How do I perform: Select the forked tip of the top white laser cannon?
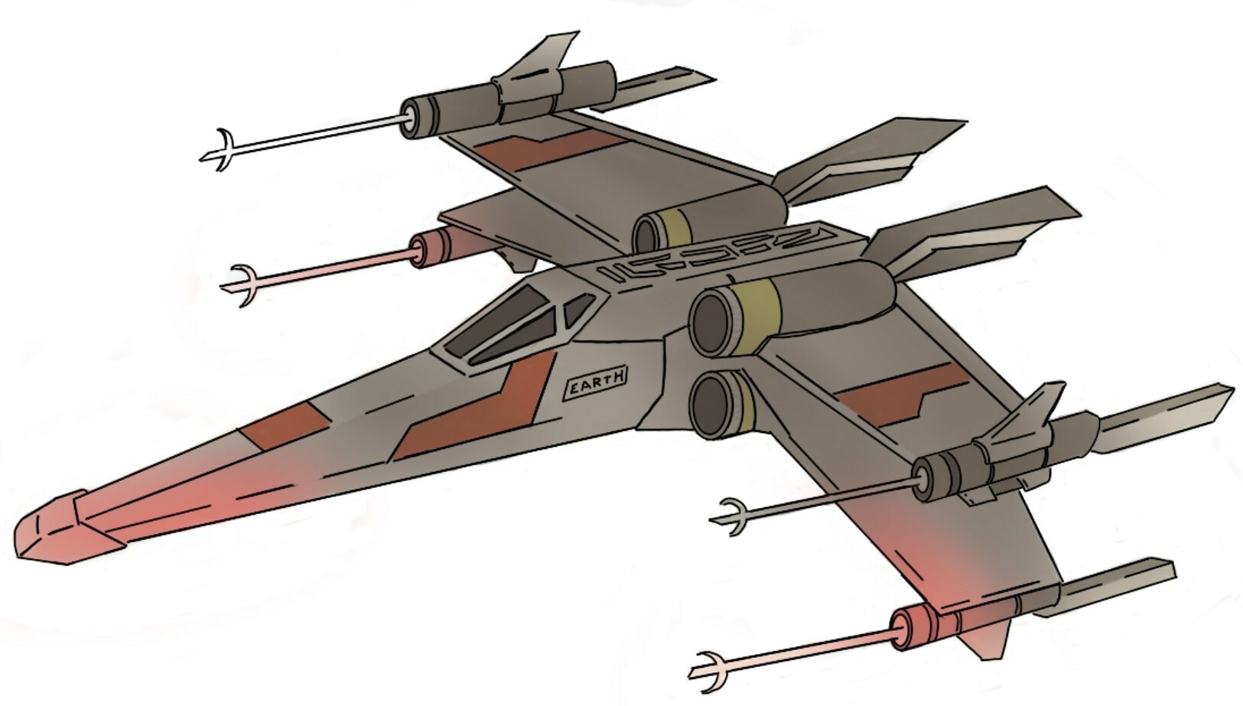tap(218, 150)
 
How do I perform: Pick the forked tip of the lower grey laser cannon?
tap(732, 516)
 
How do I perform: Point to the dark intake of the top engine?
tap(647, 233)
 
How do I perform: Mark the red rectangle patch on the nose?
tap(285, 423)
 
